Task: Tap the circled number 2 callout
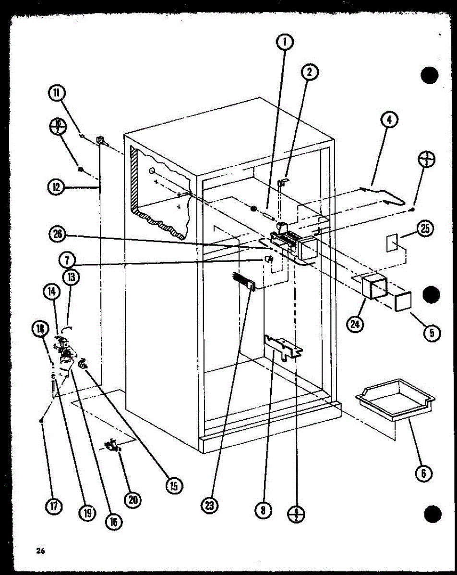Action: point(310,72)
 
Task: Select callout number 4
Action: point(389,120)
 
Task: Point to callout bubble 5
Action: point(432,332)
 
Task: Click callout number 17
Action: point(54,507)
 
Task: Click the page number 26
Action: point(40,552)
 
